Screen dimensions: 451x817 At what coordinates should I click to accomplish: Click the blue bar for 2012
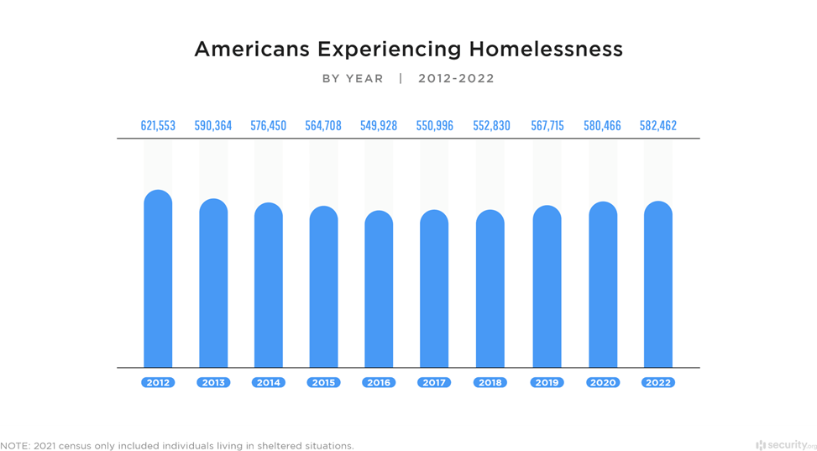coord(158,279)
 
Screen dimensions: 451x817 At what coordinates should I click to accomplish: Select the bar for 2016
coord(379,289)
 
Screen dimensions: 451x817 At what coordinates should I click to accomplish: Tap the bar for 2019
coord(547,286)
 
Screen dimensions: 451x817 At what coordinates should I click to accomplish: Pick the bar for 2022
coord(657,285)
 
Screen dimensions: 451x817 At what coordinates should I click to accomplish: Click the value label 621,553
coord(158,126)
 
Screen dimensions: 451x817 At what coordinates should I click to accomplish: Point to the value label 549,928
coord(379,126)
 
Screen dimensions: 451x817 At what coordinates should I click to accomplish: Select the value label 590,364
coord(213,126)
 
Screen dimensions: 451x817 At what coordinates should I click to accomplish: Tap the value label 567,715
coord(547,126)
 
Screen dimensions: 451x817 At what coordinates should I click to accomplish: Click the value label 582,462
coord(657,126)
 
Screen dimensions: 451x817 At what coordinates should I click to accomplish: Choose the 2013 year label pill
coord(213,382)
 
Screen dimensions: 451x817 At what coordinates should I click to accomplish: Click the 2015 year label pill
coord(323,382)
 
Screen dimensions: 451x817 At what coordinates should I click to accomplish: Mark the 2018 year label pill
coord(490,382)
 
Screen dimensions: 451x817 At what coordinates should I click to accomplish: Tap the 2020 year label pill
coord(602,382)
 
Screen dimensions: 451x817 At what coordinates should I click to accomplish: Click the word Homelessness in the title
coord(546,50)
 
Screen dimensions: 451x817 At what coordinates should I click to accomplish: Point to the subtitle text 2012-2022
coord(456,79)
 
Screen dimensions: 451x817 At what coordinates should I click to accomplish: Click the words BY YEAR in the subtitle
coord(353,79)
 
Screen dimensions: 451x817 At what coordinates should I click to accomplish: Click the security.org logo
coord(785,444)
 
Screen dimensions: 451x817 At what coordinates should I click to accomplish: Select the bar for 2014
coord(269,286)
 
